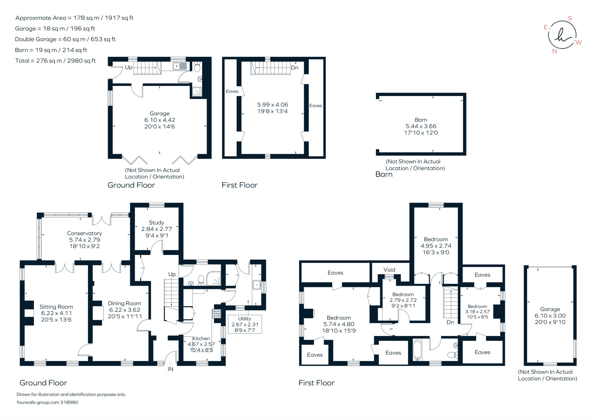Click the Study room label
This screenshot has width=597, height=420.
(156, 223)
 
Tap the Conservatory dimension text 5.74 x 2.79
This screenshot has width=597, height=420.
(84, 240)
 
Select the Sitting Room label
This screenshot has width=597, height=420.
(56, 307)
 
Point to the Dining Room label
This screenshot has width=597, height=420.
(124, 303)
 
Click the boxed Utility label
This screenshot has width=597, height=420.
(245, 319)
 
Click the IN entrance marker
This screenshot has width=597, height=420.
(170, 369)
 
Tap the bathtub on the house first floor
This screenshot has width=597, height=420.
(417, 350)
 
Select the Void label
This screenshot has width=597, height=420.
(389, 270)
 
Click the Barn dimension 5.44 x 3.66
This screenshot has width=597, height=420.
(421, 126)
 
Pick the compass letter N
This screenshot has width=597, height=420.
(554, 51)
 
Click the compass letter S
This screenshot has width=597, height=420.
(570, 18)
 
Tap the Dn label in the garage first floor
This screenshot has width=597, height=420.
(294, 68)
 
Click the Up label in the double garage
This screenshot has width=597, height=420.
(128, 67)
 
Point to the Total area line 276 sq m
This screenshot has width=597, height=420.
(55, 61)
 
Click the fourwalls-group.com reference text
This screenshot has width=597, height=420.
(47, 402)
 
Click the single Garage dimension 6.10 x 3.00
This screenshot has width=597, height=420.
(550, 316)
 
